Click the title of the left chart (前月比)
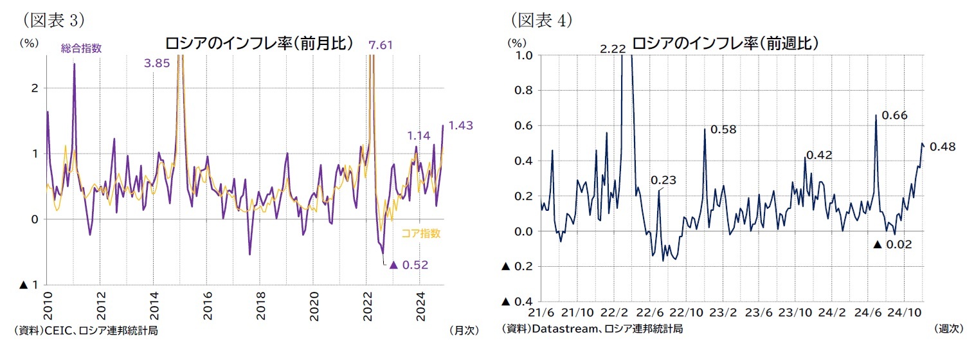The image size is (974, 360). pos(259,44)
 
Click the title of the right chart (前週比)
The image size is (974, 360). pos(725,44)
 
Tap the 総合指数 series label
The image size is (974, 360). pos(82,48)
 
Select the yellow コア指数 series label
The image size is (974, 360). pos(420,233)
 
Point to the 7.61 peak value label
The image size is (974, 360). pos(381,45)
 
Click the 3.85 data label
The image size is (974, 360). pos(157,62)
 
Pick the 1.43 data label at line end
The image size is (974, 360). pos(460,125)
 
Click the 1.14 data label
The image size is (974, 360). pos(418,136)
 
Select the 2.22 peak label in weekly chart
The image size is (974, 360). pos(611,49)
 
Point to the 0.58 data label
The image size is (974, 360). pos(723,130)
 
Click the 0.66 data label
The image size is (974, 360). pos(894,116)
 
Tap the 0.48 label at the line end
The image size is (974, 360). pos(942,147)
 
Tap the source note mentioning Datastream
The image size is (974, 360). pos(592,329)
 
